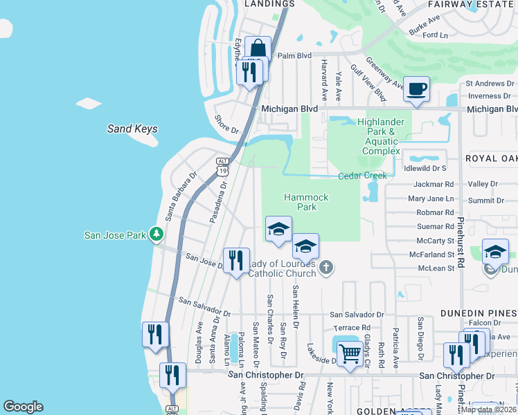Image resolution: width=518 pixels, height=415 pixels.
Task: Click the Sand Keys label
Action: pyautogui.click(x=132, y=129)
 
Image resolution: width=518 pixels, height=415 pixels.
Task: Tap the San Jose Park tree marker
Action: pyautogui.click(x=158, y=234)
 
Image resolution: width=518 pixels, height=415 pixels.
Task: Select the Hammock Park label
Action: pyautogui.click(x=306, y=202)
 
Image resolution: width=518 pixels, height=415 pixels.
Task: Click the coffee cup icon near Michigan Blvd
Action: pyautogui.click(x=417, y=89)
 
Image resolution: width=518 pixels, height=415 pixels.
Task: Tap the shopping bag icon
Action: pyautogui.click(x=258, y=49)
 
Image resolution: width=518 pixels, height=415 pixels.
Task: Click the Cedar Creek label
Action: pyautogui.click(x=362, y=176)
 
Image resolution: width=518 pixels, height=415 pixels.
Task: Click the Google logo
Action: pyautogui.click(x=24, y=407)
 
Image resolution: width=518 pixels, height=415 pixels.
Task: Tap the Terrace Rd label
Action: pyautogui.click(x=351, y=327)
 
